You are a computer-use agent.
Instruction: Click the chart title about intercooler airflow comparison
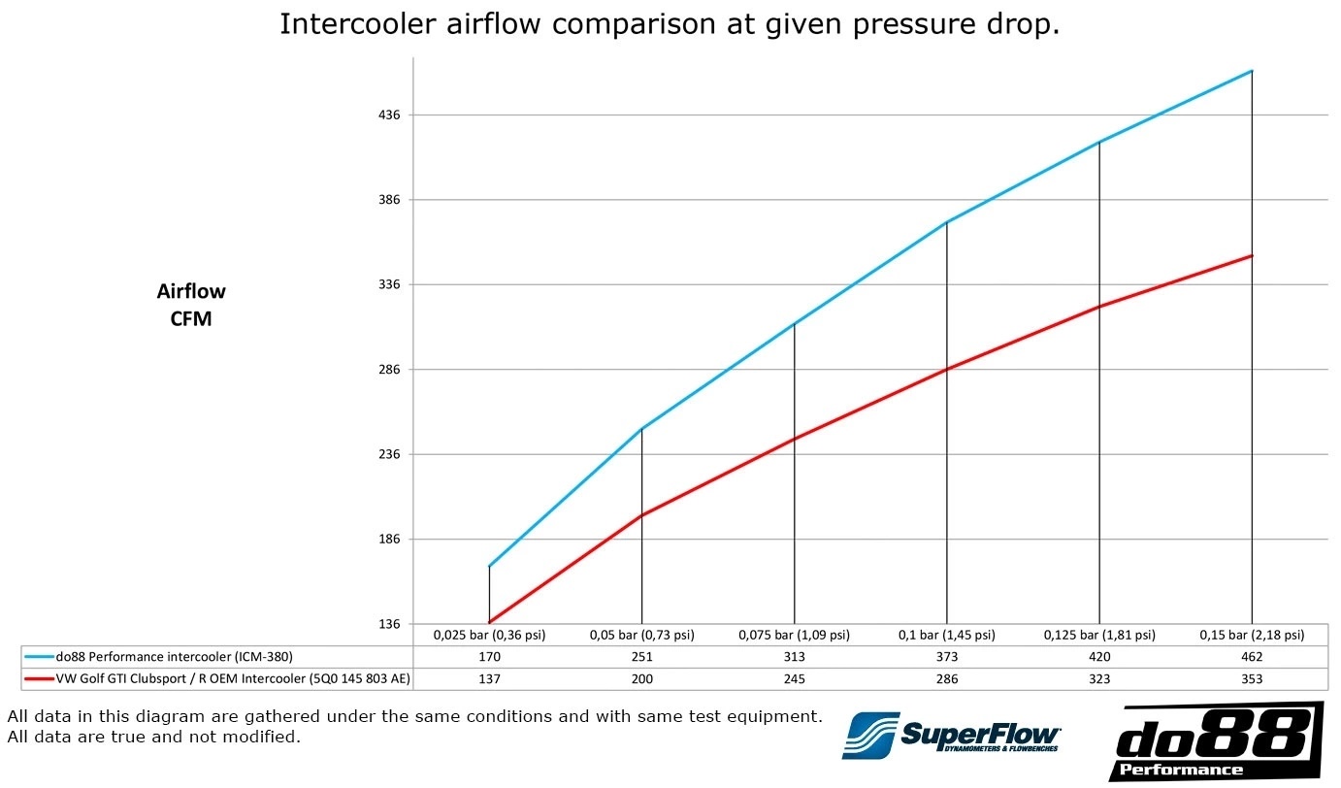(669, 24)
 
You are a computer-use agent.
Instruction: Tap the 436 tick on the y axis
(388, 115)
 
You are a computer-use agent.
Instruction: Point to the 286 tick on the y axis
(388, 370)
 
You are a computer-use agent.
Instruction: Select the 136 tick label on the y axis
(388, 624)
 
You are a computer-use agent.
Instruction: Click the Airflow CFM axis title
(191, 305)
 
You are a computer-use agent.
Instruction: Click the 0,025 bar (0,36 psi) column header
(489, 636)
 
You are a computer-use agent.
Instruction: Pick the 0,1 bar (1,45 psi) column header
(946, 636)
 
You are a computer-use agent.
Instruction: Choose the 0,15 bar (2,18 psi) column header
(1252, 636)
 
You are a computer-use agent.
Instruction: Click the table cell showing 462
(1252, 657)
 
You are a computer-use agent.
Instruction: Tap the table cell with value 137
(489, 679)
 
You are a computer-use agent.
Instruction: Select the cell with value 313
(794, 657)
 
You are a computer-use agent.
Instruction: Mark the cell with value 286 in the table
(946, 679)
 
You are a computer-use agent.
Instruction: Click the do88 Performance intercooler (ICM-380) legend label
(174, 657)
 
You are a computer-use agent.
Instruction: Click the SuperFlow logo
(951, 735)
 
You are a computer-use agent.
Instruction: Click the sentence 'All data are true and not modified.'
(153, 738)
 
